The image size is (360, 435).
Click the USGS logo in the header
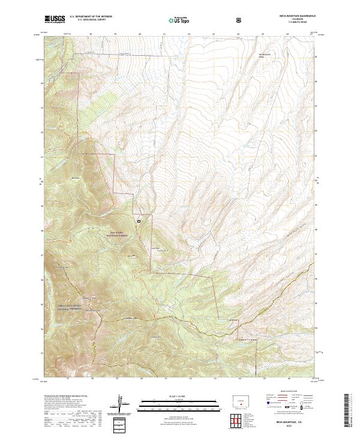(53, 20)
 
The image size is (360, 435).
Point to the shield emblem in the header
(239, 20)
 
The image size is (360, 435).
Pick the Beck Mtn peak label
(76, 178)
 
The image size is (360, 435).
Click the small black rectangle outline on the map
(139, 221)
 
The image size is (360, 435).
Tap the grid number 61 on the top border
(164, 34)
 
